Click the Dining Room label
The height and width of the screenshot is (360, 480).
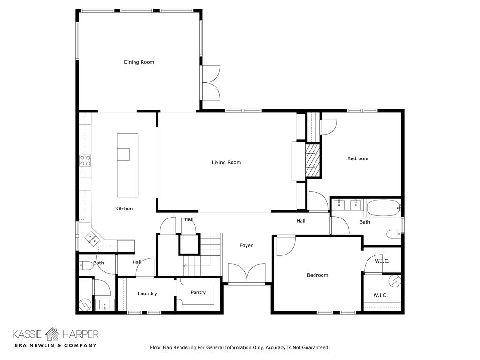(x=139, y=62)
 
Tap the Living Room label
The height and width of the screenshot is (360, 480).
(x=226, y=162)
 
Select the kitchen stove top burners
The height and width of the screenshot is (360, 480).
(x=85, y=160)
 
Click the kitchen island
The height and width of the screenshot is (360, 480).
(x=127, y=165)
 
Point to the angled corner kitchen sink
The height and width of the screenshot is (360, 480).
(x=92, y=239)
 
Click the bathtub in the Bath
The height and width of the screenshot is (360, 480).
(x=384, y=208)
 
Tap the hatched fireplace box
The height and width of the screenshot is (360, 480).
(x=312, y=160)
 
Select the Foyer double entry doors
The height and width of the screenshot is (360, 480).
(x=247, y=273)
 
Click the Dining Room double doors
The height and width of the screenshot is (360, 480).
(x=210, y=82)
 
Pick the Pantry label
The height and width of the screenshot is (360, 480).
(x=198, y=292)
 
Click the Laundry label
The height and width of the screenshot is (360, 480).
(x=147, y=293)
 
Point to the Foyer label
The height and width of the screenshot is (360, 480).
(x=246, y=246)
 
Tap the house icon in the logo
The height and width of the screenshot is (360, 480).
(x=52, y=334)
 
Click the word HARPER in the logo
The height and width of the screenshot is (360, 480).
(x=81, y=334)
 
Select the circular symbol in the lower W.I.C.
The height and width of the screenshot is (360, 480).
(x=395, y=281)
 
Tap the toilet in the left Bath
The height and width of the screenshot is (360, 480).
(x=86, y=265)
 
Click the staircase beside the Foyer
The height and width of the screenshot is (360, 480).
(x=202, y=254)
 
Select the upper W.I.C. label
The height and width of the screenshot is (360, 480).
(x=382, y=261)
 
